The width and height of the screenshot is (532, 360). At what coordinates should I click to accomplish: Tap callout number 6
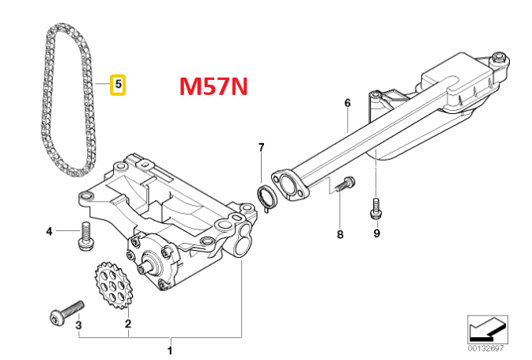[x=346, y=103]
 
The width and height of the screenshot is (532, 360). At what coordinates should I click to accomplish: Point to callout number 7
[x=262, y=148]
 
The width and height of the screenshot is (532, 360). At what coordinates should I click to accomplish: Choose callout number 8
[x=340, y=234]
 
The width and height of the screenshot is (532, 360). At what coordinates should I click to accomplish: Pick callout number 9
[x=376, y=233]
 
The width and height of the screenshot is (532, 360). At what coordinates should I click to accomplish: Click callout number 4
[x=49, y=231]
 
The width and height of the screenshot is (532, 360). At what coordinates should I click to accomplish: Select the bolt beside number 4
[x=82, y=236]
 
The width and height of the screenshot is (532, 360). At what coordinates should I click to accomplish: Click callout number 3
[x=78, y=324]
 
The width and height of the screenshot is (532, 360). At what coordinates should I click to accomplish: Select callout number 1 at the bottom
[x=169, y=349]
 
